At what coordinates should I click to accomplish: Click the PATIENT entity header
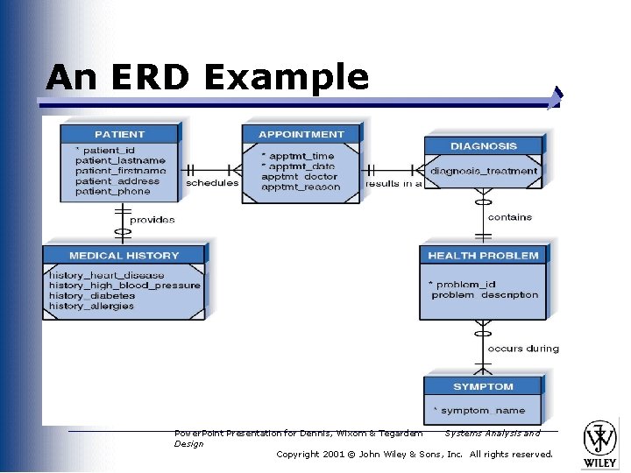tap(119, 134)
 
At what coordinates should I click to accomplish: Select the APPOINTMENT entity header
tap(301, 134)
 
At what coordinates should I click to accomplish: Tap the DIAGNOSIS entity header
tap(483, 146)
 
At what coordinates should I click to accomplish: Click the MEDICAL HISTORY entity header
tap(124, 256)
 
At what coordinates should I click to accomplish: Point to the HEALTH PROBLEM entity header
tap(483, 256)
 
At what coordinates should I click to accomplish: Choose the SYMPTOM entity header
tap(483, 386)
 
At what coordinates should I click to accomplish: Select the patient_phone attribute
tap(112, 191)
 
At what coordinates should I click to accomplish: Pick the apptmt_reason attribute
tap(301, 187)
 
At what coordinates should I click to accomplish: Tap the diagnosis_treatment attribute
tap(484, 171)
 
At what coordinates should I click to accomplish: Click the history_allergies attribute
tap(92, 306)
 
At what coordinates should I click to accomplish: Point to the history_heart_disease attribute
tap(106, 275)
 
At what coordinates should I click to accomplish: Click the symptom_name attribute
tap(481, 410)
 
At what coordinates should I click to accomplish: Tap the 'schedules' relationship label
tap(212, 183)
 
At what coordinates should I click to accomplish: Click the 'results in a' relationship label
tap(393, 184)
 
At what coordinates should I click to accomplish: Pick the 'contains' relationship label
tap(509, 217)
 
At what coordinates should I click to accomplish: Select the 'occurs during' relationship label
tap(522, 349)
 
